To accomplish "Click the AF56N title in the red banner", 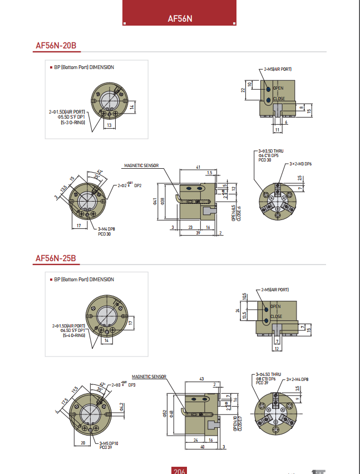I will click(180, 18).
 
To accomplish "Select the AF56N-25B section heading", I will click(56, 258).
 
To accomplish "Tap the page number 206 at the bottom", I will click(179, 471).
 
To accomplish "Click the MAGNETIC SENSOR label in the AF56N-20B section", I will click(141, 165).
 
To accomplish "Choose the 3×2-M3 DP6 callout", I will click(300, 164).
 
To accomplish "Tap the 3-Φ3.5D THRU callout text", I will click(271, 151).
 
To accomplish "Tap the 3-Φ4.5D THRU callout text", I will click(269, 374).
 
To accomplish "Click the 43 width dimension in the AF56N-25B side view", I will click(201, 379).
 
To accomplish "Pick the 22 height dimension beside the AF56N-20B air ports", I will click(243, 90).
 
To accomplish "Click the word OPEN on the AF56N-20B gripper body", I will click(278, 88).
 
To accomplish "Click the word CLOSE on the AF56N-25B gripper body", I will click(276, 316).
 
